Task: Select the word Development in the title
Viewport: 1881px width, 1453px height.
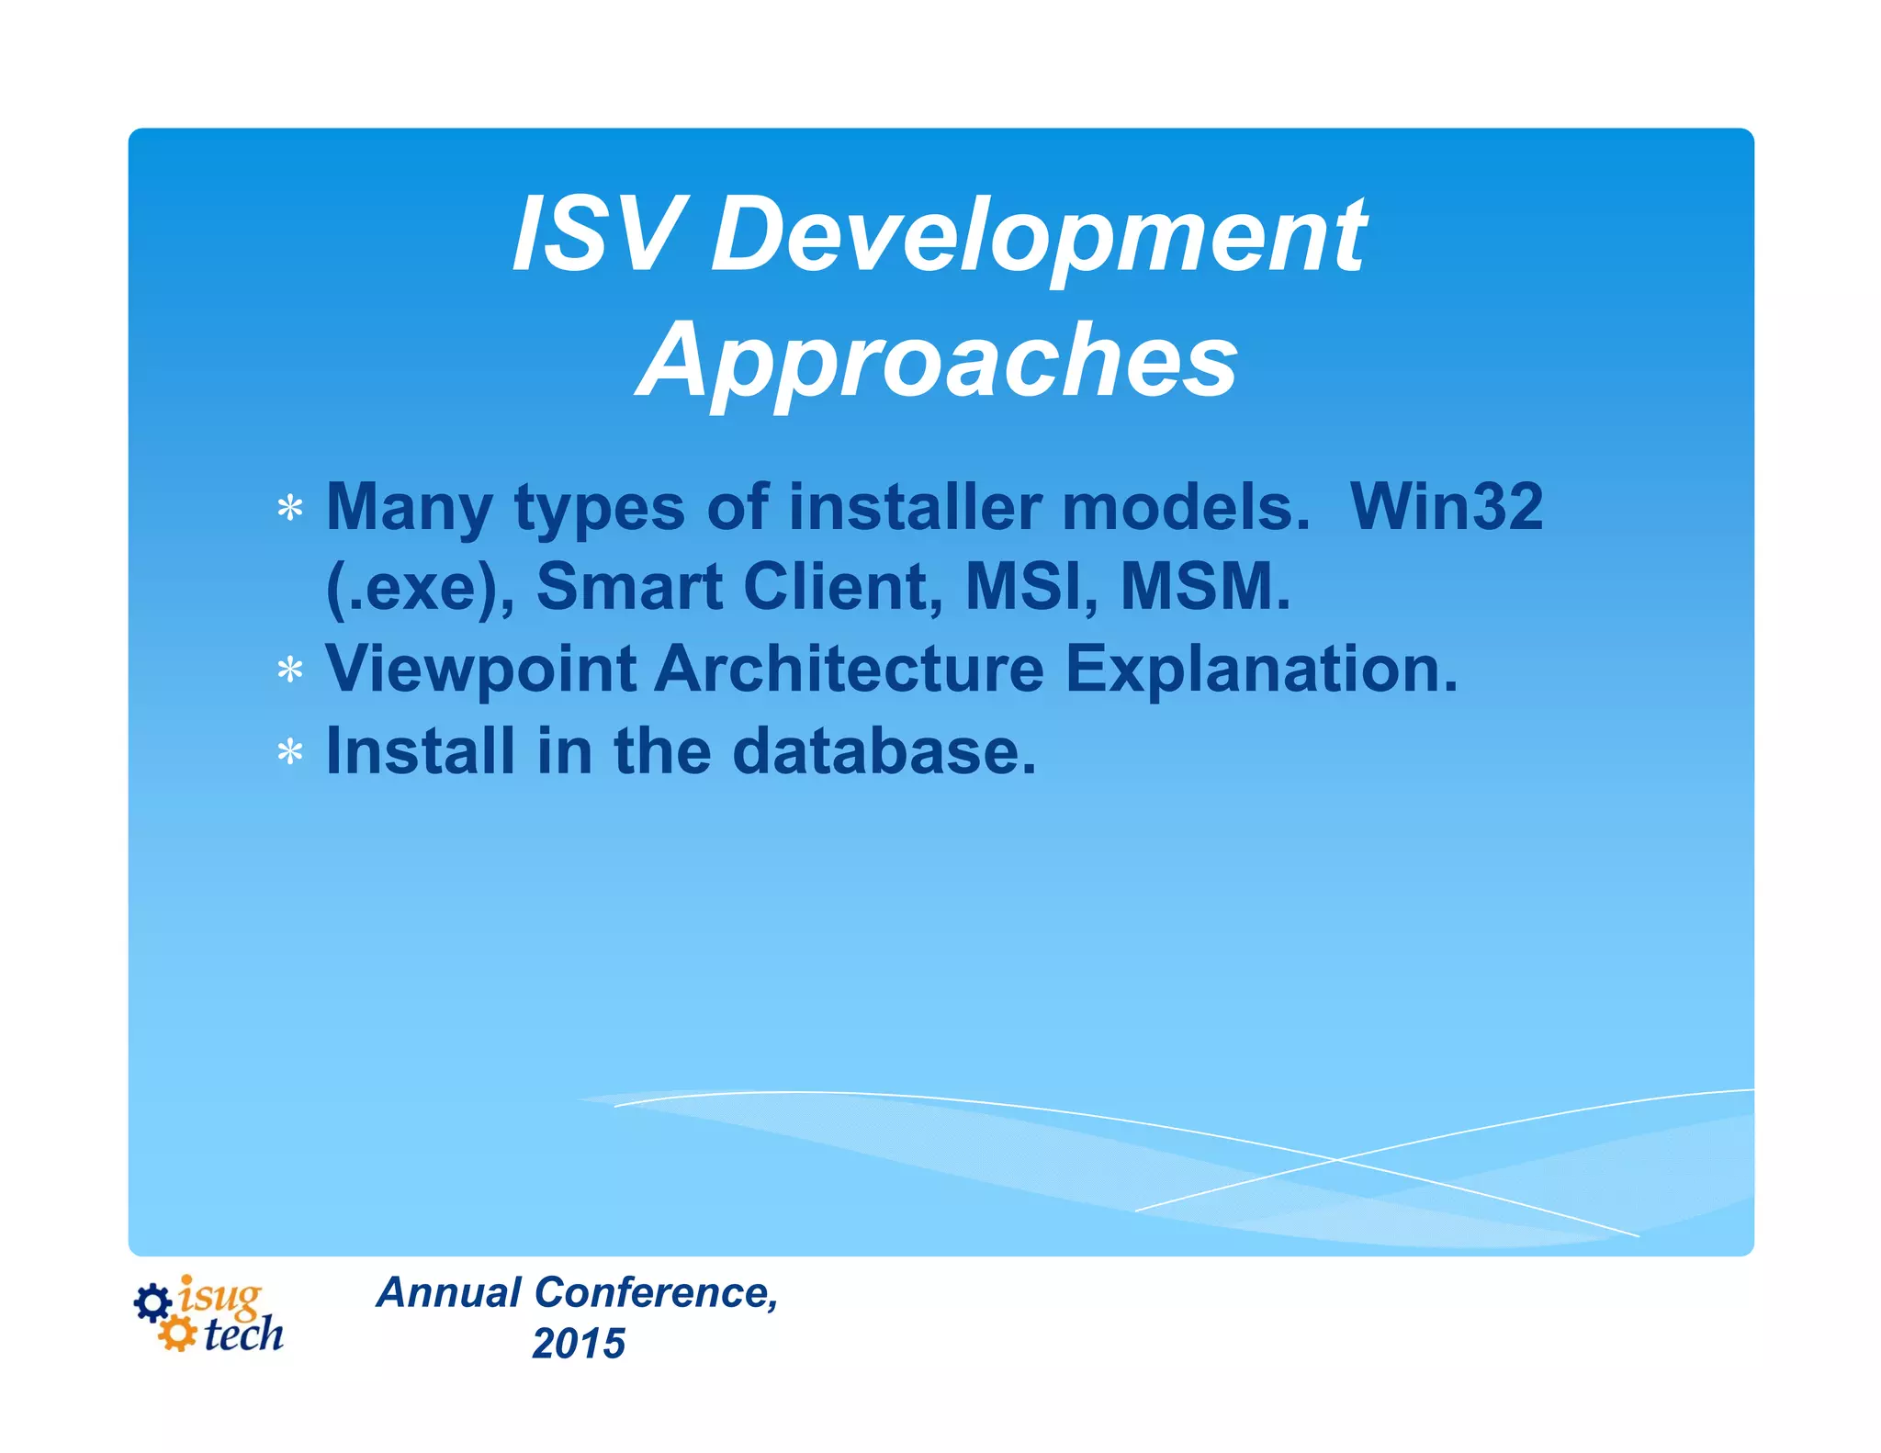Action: (x=1038, y=237)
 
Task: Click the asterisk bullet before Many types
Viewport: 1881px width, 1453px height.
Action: (x=290, y=509)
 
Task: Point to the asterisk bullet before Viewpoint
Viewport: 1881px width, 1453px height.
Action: (x=290, y=670)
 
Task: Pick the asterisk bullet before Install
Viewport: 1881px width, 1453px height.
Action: (x=290, y=753)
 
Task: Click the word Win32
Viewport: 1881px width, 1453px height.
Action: (x=1447, y=506)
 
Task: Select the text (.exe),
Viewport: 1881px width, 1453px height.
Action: (x=420, y=587)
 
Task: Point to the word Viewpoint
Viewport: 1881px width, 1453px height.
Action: (x=481, y=670)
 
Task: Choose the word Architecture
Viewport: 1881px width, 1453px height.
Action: (x=850, y=668)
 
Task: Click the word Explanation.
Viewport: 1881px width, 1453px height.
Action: (x=1261, y=670)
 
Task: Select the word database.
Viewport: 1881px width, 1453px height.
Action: (x=884, y=751)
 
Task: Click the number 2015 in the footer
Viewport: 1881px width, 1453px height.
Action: (x=579, y=1344)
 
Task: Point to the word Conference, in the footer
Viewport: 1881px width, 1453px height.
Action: (x=657, y=1292)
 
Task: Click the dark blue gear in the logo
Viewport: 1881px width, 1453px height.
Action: (x=152, y=1302)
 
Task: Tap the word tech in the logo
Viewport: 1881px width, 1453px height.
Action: (x=243, y=1335)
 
